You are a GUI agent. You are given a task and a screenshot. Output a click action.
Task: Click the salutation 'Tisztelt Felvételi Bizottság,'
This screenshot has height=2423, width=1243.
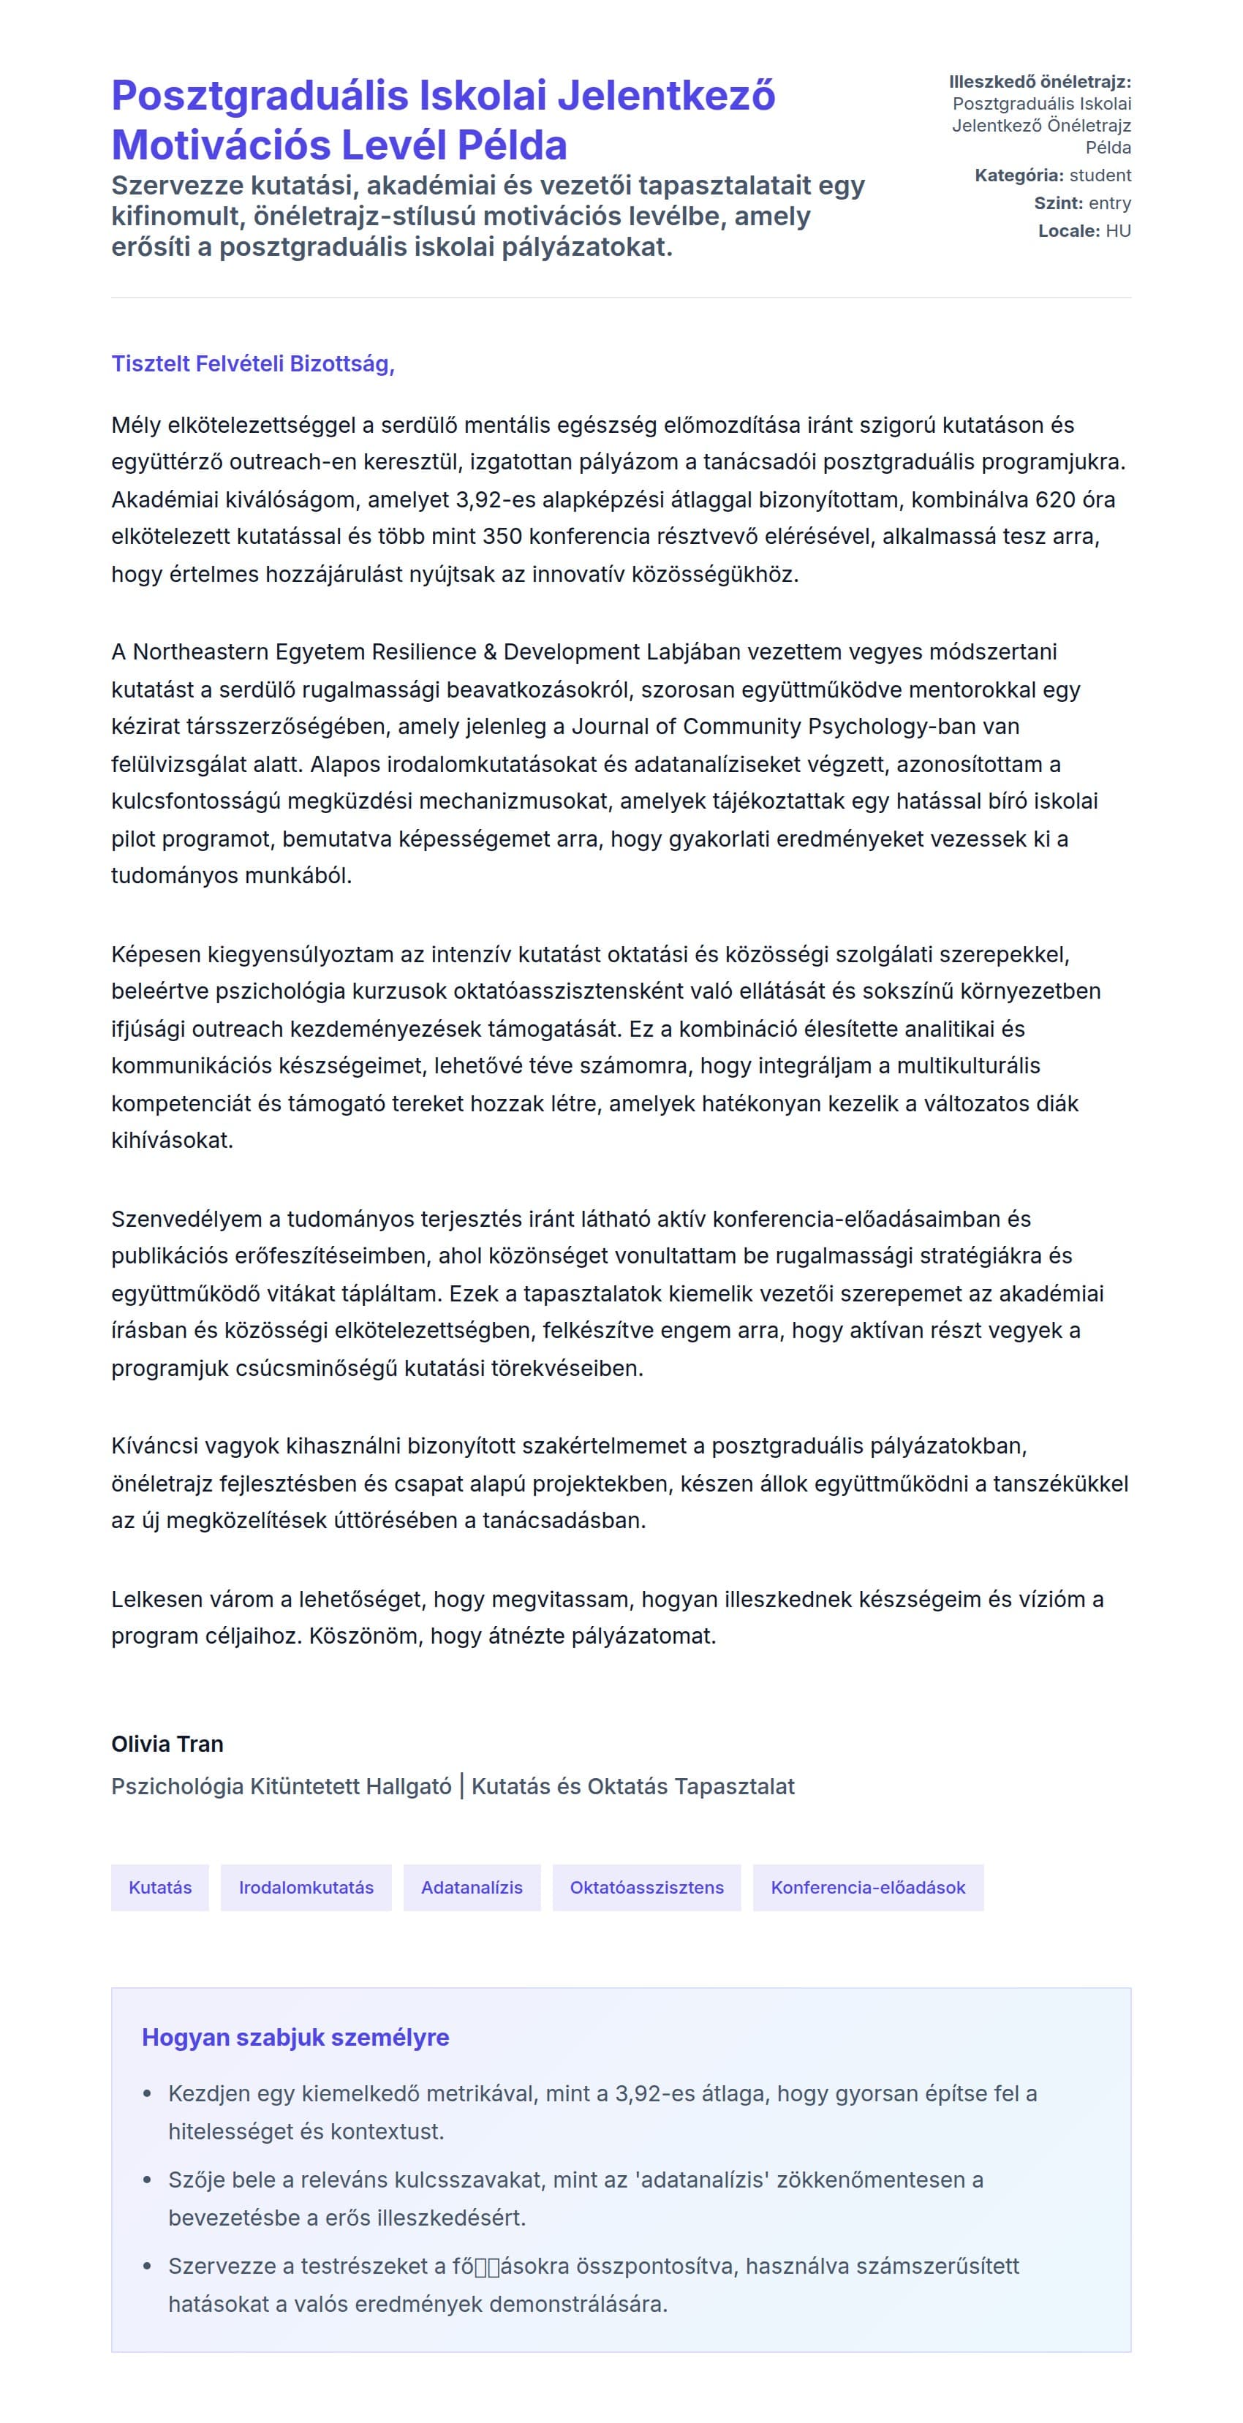[252, 364]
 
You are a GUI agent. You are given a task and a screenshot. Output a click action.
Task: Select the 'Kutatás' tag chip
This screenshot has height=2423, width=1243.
[160, 1887]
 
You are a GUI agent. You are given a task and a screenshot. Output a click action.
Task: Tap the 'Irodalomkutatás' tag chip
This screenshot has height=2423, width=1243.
[306, 1887]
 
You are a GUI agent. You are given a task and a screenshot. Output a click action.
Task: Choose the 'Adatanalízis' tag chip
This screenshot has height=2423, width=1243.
[472, 1887]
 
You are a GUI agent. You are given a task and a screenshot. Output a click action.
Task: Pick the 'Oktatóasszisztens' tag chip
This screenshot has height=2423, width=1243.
[646, 1887]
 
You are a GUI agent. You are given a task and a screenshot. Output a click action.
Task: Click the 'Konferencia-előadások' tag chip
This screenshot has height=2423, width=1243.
[868, 1887]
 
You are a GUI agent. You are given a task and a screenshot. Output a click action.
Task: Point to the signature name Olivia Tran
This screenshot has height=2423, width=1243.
[167, 1744]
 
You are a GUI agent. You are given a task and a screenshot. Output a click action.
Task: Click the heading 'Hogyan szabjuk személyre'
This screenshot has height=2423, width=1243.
[295, 2038]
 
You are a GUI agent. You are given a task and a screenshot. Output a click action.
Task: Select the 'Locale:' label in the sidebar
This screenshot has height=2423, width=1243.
[1069, 231]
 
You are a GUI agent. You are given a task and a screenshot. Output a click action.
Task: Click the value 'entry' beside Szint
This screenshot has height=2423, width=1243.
[1109, 203]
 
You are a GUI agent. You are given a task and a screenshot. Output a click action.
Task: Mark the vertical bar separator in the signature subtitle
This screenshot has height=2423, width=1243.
[461, 1785]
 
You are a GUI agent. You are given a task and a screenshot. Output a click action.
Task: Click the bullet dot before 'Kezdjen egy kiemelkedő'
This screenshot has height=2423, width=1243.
[147, 2094]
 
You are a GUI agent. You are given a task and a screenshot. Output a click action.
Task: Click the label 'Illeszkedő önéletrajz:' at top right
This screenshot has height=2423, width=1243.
[1040, 82]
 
